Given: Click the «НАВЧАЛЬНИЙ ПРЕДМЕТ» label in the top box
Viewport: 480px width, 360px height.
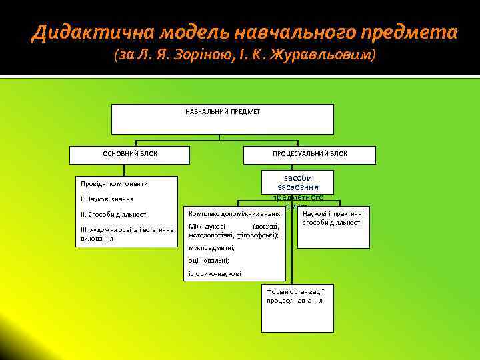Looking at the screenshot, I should pos(223,111).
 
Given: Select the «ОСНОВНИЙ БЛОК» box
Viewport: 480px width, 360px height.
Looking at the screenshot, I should pos(130,154).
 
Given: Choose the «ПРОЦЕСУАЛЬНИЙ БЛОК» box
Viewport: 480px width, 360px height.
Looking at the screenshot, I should pos(309,154).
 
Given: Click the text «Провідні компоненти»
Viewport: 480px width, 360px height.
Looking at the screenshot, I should pos(114,183).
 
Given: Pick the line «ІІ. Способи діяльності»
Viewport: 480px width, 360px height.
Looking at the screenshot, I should pos(114,214).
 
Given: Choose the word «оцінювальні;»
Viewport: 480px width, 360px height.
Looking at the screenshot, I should pos(209,261).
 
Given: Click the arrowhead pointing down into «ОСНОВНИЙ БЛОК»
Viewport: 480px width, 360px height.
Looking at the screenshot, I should pos(138,145).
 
